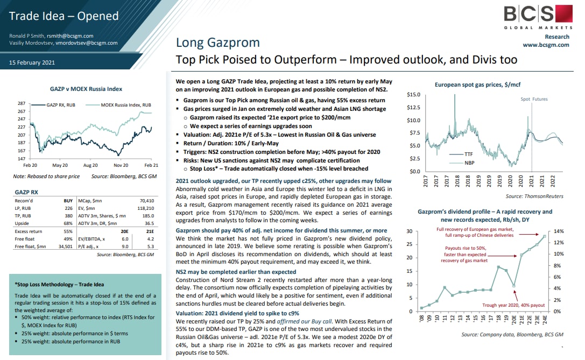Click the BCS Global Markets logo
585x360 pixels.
click(x=538, y=17)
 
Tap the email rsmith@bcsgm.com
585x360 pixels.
click(x=70, y=36)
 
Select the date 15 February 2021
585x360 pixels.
click(x=32, y=62)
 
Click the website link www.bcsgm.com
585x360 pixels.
click(x=546, y=45)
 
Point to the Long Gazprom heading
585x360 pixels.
click(x=218, y=43)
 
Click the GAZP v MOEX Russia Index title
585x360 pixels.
click(x=86, y=89)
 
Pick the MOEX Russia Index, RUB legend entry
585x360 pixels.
click(x=126, y=105)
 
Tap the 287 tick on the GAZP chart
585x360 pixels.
click(x=22, y=103)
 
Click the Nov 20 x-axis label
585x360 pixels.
click(x=121, y=165)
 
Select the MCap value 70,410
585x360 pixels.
click(x=147, y=201)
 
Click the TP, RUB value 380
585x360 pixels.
click(x=69, y=216)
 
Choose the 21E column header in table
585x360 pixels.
click(x=150, y=231)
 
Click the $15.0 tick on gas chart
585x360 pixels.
click(x=413, y=95)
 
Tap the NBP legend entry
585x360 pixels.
click(x=469, y=163)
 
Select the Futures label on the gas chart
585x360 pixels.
click(x=540, y=99)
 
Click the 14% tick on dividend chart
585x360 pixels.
click(x=559, y=231)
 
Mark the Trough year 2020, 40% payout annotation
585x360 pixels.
click(x=513, y=305)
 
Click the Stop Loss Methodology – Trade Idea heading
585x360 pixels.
click(x=59, y=284)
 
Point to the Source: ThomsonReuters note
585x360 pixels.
click(x=534, y=196)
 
